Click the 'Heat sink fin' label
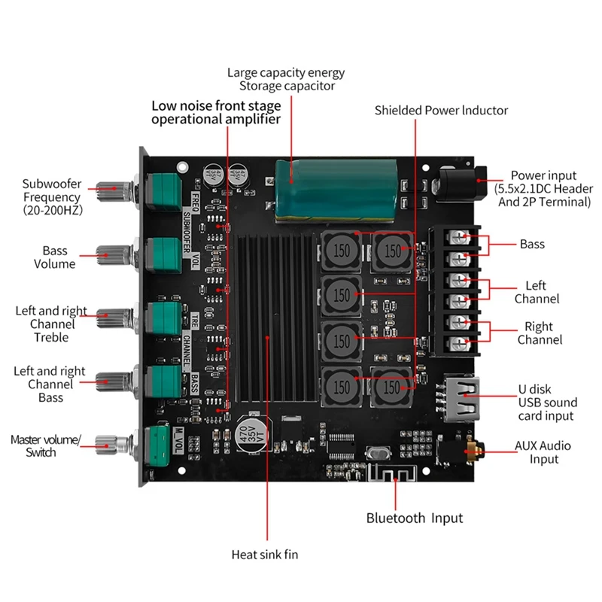tap(265, 555)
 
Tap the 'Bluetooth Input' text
tap(415, 518)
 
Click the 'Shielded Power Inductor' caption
tap(441, 111)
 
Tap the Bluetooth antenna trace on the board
tap(390, 476)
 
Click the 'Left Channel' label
tap(537, 292)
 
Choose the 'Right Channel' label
tap(539, 333)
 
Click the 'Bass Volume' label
tap(54, 257)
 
